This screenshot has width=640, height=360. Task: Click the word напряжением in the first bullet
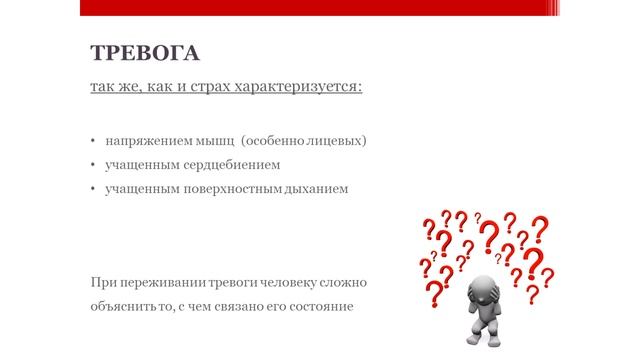(x=144, y=141)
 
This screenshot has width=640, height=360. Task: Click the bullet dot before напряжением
(x=92, y=141)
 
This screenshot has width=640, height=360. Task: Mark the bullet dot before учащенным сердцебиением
(x=92, y=164)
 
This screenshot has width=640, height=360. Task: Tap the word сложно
(x=346, y=283)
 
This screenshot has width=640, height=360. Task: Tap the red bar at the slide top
(x=320, y=8)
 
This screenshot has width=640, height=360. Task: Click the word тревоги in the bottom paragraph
(x=229, y=283)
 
